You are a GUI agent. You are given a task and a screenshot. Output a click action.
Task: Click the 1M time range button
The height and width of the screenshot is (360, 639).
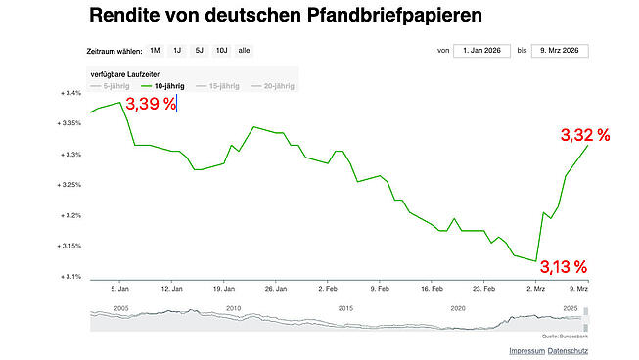[x=155, y=50]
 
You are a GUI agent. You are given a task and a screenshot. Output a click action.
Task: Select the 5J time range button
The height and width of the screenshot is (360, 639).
[x=200, y=50]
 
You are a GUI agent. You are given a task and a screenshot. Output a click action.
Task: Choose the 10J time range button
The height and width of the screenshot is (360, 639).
[x=222, y=50]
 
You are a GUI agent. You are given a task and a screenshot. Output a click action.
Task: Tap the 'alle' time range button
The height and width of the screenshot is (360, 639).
[x=245, y=50]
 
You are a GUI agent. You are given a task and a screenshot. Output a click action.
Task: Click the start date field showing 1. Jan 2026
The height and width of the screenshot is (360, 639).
[x=482, y=50]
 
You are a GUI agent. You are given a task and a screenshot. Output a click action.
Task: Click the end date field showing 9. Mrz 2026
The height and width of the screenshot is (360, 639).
[x=561, y=50]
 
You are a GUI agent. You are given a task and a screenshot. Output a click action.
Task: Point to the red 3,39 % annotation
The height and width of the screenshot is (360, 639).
[x=150, y=104]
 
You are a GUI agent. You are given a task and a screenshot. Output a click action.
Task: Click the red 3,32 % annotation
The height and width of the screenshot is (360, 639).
[x=584, y=136]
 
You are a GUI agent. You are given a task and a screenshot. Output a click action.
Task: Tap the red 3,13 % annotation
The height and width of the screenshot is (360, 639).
[x=564, y=266]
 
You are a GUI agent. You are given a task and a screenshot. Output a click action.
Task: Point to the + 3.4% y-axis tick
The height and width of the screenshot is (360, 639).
[x=69, y=94]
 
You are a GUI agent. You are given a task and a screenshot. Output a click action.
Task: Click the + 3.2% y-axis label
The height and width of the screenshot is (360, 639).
[x=69, y=215]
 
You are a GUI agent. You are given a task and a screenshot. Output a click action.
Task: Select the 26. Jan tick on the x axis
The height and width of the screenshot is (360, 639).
[x=276, y=290]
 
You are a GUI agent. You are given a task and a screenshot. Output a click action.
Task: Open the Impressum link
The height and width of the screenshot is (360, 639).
[x=526, y=350]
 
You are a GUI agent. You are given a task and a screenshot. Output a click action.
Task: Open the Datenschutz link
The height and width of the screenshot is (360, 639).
[x=569, y=350]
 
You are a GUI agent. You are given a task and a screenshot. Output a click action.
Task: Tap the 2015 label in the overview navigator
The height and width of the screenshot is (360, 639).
[x=344, y=307]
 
